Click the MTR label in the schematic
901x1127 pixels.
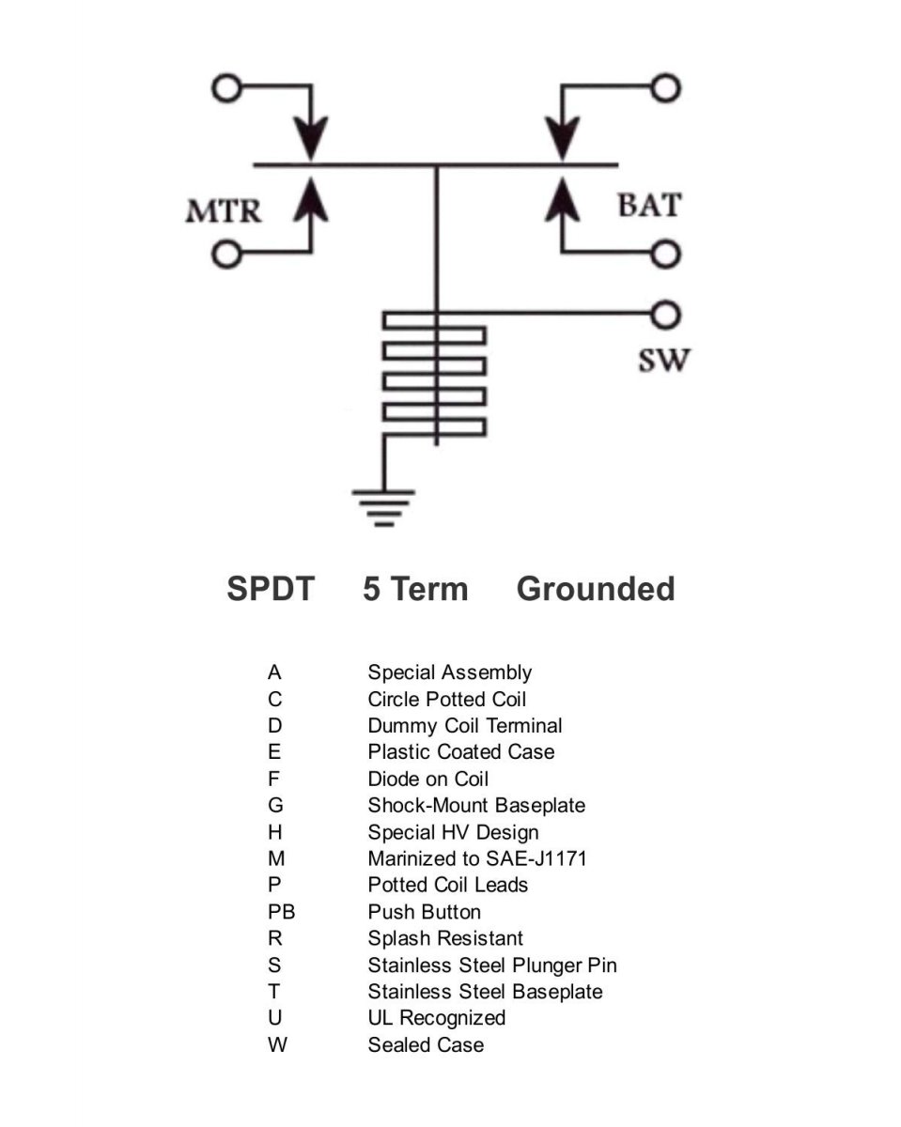coord(224,211)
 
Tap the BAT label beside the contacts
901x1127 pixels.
coord(649,205)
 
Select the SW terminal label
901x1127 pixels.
coord(663,361)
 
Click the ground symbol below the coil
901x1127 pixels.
coord(383,507)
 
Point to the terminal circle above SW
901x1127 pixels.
coord(665,315)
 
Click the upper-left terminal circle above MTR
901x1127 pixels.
coord(226,87)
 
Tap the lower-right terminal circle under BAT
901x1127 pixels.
coord(665,254)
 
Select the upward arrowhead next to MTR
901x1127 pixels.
coord(311,199)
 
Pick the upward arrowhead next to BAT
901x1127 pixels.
coord(563,199)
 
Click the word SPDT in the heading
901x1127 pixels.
coord(271,589)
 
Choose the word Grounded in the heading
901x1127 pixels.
coord(596,590)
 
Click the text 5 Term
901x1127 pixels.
coord(415,589)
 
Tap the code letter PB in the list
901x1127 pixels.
coord(281,912)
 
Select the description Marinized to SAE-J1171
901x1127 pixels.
coord(476,858)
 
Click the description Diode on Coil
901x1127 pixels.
coord(427,779)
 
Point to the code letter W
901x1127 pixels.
coord(277,1044)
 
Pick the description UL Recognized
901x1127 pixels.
coord(436,1018)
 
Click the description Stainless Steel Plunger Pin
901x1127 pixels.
coord(492,965)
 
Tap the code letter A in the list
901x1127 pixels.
coord(274,672)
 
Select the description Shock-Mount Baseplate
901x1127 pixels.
coord(476,806)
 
